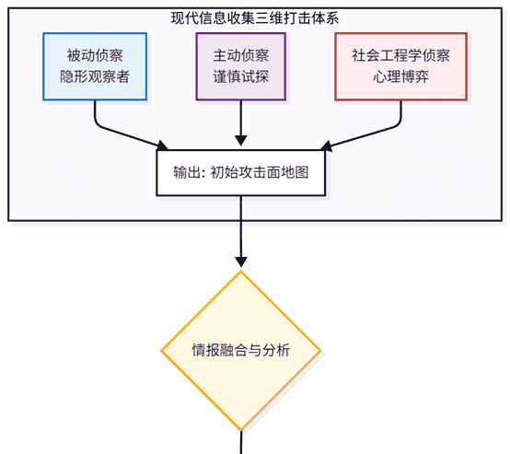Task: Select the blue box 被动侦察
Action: pyautogui.click(x=95, y=66)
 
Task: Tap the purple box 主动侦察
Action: pyautogui.click(x=241, y=66)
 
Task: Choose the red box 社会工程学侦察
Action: pyautogui.click(x=401, y=66)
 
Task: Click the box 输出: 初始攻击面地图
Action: pyautogui.click(x=241, y=171)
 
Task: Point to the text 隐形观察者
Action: pyautogui.click(x=95, y=78)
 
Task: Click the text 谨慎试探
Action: pyautogui.click(x=241, y=78)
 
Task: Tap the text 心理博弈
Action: pyautogui.click(x=401, y=78)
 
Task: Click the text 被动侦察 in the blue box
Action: pyautogui.click(x=95, y=55)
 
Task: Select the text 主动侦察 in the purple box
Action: pyautogui.click(x=241, y=55)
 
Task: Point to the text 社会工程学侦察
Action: pyautogui.click(x=401, y=55)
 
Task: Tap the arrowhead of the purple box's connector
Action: pyautogui.click(x=241, y=141)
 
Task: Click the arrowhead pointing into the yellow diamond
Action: pyautogui.click(x=241, y=262)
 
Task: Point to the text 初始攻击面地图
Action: pyautogui.click(x=260, y=171)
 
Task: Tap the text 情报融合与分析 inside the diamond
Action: pyautogui.click(x=241, y=351)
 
